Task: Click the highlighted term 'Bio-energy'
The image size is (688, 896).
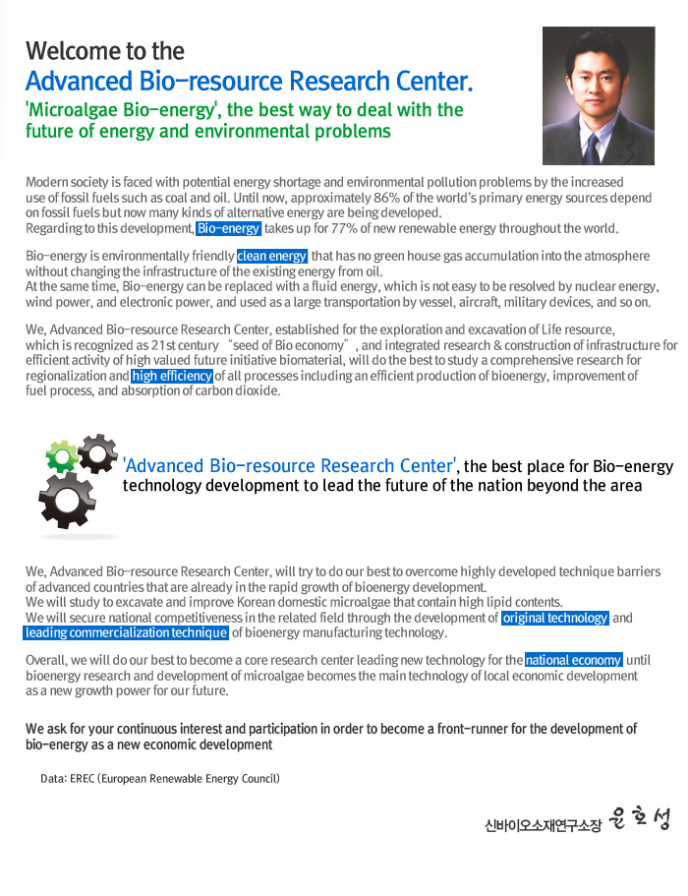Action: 228,228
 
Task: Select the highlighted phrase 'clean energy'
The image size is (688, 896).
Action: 272,257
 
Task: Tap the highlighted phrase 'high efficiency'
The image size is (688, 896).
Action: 172,376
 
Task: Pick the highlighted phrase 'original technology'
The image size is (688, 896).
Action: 555,618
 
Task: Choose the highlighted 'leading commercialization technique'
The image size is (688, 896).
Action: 126,632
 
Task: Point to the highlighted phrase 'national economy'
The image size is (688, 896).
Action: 574,660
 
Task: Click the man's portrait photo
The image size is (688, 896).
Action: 598,95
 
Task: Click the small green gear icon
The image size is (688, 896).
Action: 62,455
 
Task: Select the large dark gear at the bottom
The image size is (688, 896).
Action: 68,499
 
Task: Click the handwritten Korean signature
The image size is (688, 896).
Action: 638,819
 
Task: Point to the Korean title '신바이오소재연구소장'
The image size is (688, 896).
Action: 542,825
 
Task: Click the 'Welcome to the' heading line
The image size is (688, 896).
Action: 105,50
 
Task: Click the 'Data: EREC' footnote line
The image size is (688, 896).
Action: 160,778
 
